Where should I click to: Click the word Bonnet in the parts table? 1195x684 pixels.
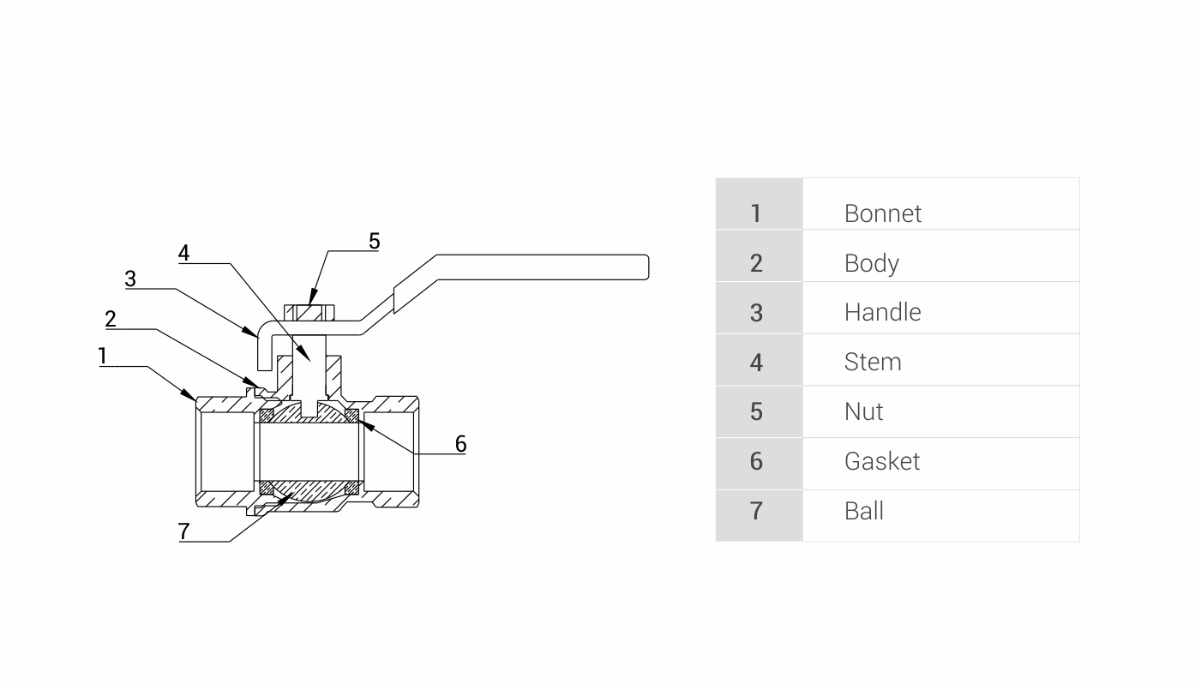[x=882, y=213]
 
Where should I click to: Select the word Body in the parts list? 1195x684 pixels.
[x=871, y=263]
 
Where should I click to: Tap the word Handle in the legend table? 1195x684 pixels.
[x=882, y=312]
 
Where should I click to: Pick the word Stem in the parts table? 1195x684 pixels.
[x=872, y=362]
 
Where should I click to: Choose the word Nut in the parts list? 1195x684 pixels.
[x=863, y=411]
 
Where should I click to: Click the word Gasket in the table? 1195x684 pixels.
[x=881, y=461]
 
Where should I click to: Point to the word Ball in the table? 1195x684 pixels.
[x=863, y=511]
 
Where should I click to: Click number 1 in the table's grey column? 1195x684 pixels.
[x=755, y=213]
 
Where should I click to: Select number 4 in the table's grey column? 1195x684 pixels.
[x=755, y=362]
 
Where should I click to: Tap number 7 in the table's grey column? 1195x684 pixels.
[x=755, y=511]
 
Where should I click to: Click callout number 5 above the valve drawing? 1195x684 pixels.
[x=374, y=241]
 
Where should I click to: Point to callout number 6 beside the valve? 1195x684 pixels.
[x=460, y=443]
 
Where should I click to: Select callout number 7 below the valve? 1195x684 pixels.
[x=183, y=531]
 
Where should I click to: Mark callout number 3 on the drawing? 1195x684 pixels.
[x=130, y=279]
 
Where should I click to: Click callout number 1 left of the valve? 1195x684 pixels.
[x=103, y=356]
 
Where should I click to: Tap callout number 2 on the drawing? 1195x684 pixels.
[x=111, y=320]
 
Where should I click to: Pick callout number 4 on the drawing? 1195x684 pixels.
[x=183, y=253]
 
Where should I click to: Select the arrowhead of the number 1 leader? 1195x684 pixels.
[x=192, y=395]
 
